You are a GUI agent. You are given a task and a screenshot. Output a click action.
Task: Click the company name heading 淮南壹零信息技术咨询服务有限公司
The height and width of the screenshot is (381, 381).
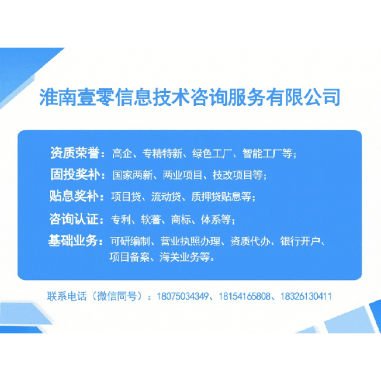189,97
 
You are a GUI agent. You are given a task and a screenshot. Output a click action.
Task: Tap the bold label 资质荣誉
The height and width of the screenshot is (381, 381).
77,153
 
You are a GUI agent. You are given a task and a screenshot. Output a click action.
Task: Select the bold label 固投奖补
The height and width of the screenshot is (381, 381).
77,175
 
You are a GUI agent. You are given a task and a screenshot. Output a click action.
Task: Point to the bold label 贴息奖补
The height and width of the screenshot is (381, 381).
77,196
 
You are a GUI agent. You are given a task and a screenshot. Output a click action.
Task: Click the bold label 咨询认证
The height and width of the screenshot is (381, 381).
77,219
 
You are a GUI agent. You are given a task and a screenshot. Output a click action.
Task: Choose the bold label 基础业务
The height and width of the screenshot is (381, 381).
77,241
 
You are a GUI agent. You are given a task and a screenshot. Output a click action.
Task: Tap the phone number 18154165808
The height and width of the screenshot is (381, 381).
245,296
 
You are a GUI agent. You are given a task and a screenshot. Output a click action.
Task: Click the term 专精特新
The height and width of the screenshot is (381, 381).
162,154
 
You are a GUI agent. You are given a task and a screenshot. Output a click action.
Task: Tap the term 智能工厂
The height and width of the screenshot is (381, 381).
264,154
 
